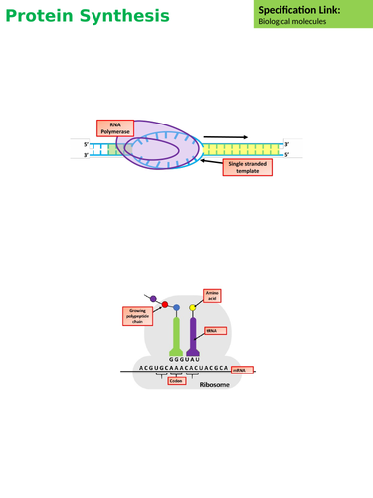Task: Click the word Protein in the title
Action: pyautogui.click(x=43, y=17)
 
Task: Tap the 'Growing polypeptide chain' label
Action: pyautogui.click(x=133, y=318)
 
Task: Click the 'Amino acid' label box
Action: pyautogui.click(x=211, y=295)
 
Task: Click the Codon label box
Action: pyautogui.click(x=175, y=381)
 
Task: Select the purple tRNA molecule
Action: pyautogui.click(x=193, y=334)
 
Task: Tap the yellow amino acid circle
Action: pyautogui.click(x=193, y=309)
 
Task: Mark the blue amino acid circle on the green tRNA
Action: pyautogui.click(x=177, y=309)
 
